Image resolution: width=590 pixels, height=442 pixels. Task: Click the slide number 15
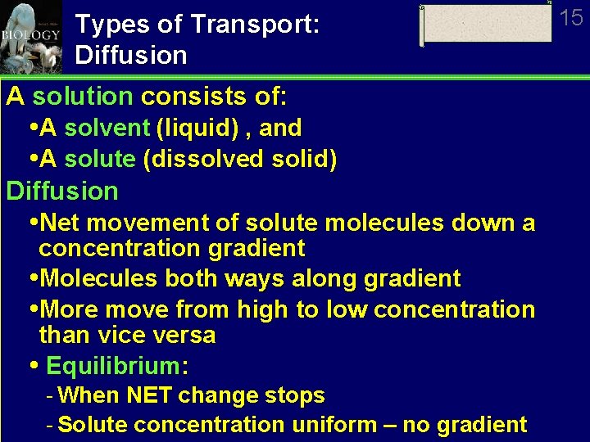point(571,17)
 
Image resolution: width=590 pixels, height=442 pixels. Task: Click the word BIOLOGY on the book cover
point(30,35)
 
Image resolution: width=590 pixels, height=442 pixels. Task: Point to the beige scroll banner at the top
point(486,24)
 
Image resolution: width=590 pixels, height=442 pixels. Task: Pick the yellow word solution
point(82,97)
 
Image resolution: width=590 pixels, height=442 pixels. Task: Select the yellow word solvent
point(107,128)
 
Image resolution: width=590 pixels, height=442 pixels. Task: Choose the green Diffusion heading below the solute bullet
point(62,191)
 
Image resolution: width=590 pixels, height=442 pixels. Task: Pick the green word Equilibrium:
point(117,366)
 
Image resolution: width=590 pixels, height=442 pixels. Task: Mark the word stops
point(297,395)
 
